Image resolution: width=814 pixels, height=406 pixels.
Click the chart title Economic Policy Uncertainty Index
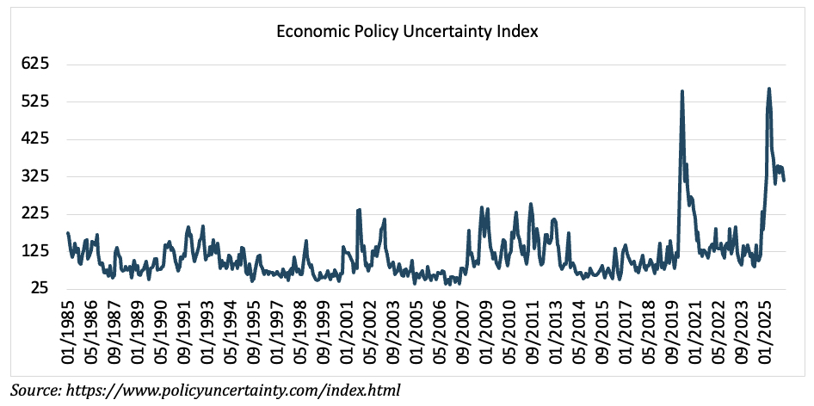pos(407,32)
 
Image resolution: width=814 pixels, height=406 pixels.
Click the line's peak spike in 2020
pos(682,91)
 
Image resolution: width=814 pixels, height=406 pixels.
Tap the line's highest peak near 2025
pos(768,89)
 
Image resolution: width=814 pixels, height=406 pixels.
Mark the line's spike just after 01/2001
pos(358,209)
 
